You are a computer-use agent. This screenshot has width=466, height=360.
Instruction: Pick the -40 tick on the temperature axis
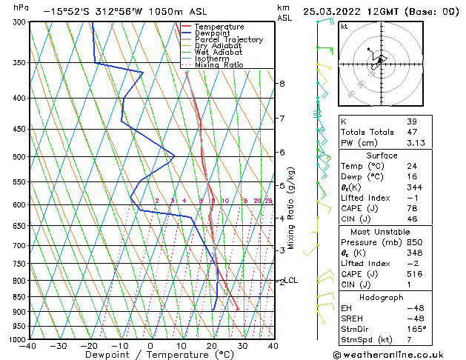tap(28, 346)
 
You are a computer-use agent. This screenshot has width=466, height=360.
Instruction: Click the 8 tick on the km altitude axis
tap(282, 84)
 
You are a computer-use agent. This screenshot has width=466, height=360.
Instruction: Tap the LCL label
tap(292, 280)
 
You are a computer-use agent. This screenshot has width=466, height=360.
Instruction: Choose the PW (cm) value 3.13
tap(414, 144)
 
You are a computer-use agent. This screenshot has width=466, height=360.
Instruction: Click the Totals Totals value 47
tap(411, 133)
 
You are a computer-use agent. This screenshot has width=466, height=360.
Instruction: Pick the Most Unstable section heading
tap(382, 231)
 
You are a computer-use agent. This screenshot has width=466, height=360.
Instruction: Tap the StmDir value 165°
tap(416, 329)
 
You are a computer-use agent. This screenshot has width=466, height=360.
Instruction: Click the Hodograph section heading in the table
tap(382, 297)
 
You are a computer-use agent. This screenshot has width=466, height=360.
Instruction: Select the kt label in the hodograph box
tap(344, 26)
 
